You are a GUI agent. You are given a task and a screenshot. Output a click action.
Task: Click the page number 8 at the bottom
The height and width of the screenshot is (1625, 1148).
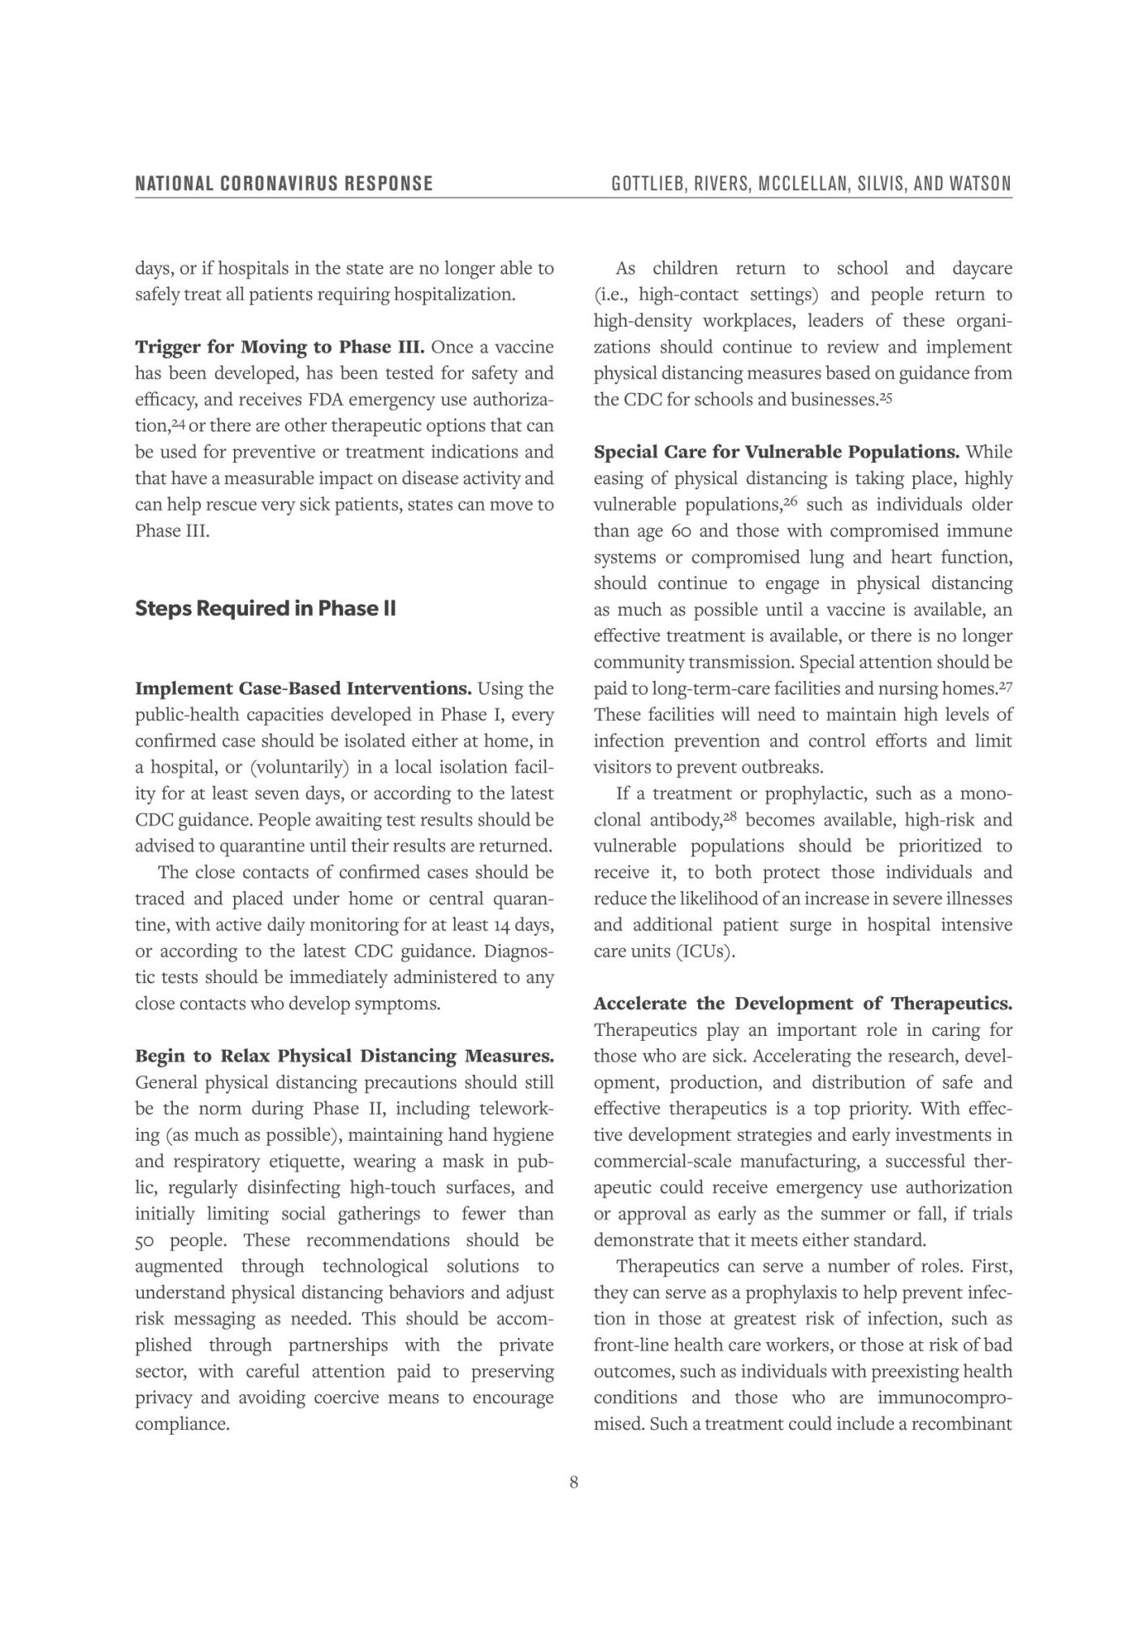[x=574, y=1483]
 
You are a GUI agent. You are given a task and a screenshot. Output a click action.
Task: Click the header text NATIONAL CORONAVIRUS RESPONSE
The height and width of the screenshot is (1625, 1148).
[x=284, y=184]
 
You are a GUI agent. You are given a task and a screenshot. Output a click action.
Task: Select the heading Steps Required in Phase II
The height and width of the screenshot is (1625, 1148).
[x=265, y=609]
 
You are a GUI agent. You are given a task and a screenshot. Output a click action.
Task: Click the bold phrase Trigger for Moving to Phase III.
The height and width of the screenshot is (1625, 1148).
[x=279, y=347]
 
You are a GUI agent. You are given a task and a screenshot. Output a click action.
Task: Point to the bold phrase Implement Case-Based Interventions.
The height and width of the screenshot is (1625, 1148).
[x=302, y=688]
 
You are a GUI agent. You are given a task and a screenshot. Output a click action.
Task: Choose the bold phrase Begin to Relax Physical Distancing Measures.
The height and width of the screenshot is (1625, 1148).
[x=344, y=1055]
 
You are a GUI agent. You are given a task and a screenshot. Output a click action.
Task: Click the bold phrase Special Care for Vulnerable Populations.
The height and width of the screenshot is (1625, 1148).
[x=776, y=452]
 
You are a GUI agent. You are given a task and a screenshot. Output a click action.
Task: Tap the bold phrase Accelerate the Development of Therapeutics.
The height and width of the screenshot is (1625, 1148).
[x=802, y=1003]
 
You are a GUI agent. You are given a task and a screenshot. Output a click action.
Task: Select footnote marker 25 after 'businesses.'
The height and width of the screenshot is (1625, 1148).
[x=886, y=397]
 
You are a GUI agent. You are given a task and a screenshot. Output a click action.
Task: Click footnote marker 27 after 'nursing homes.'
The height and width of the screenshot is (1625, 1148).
[x=1005, y=686]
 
